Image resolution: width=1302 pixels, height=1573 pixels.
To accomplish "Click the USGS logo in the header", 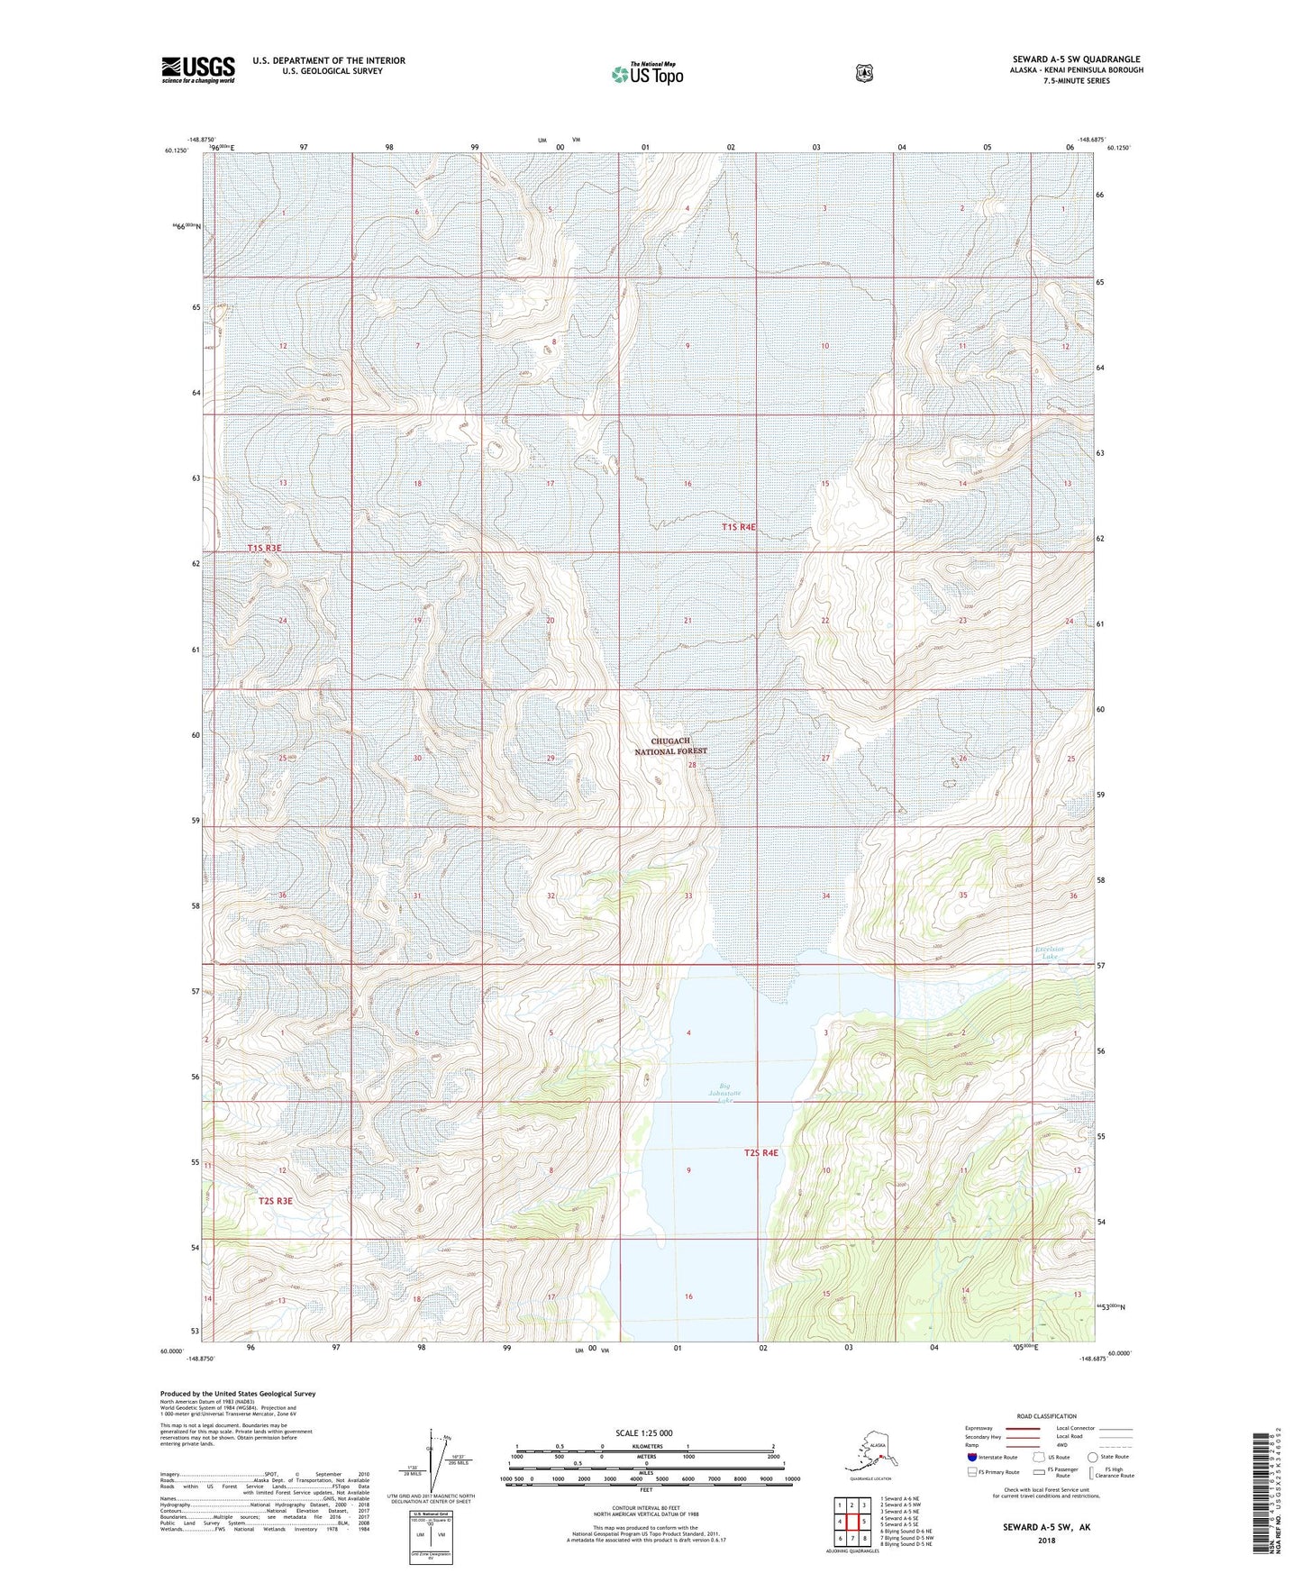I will click(197, 69).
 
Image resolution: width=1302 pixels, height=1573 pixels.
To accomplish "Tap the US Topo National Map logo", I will click(647, 74).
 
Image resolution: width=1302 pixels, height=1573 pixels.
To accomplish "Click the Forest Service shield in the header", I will click(864, 73).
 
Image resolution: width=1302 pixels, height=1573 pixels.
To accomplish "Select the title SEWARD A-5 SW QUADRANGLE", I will click(1075, 59).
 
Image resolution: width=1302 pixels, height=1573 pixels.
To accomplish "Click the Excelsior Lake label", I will click(1050, 952).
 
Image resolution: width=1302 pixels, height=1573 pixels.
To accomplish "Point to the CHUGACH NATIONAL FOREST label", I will click(670, 746).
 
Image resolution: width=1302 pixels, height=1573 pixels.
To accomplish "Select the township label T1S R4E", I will click(738, 527).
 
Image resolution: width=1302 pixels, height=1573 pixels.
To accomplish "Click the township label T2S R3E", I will click(275, 1200).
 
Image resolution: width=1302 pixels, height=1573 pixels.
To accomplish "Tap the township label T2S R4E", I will click(760, 1152).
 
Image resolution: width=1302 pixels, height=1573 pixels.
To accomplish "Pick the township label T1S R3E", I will click(265, 548).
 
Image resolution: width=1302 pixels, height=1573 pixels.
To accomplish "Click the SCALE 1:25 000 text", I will click(644, 1432).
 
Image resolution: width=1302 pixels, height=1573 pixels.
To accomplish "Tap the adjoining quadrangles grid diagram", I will click(852, 1522).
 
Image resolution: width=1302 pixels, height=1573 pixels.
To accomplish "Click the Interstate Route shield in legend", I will click(971, 1457).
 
